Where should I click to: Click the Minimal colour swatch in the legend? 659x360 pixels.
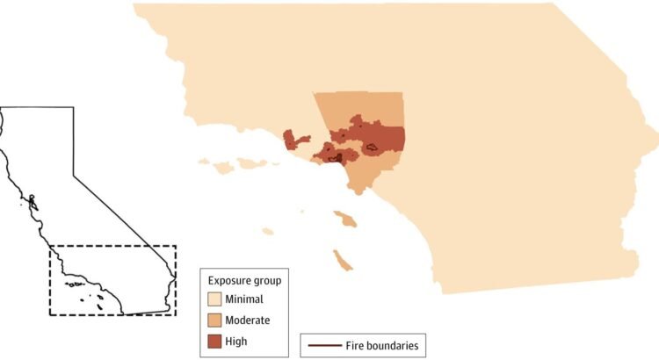point(214,300)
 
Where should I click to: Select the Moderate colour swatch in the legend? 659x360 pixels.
point(214,320)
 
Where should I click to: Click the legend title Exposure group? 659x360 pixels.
point(244,281)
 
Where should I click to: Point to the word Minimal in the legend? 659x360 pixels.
point(243,300)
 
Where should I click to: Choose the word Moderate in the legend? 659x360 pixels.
point(247,320)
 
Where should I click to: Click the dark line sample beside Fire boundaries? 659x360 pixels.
point(323,346)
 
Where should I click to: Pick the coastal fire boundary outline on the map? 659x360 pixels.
point(335,158)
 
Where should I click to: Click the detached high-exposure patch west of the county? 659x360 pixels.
point(295,140)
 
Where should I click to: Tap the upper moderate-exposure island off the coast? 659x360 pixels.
point(345,218)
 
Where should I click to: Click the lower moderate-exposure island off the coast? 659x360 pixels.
point(342,260)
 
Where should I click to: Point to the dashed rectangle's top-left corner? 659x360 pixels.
point(49,246)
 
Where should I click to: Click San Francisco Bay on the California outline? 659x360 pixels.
point(31,200)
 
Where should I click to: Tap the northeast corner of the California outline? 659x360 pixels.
point(73,108)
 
